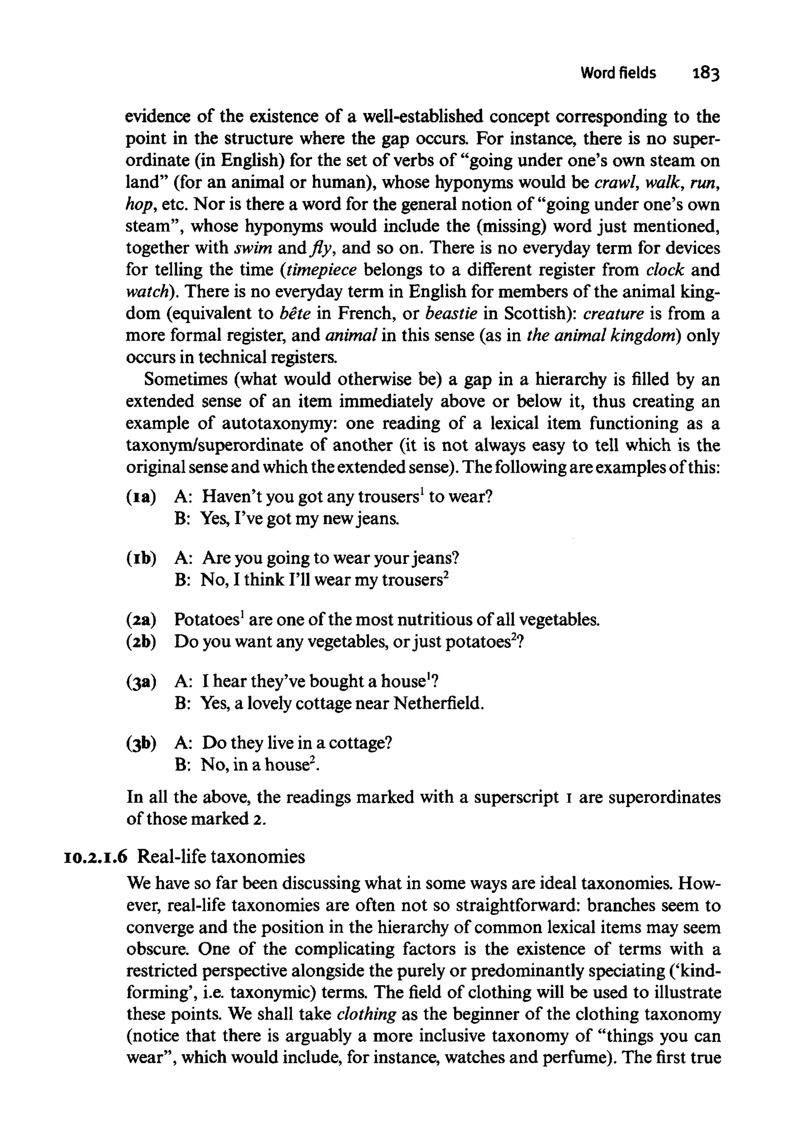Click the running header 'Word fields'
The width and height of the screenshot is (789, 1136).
618,73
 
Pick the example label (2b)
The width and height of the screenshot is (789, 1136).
141,642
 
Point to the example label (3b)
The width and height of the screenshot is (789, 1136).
141,743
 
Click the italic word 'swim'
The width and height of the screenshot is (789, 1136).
253,248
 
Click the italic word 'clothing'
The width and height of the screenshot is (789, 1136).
366,1014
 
